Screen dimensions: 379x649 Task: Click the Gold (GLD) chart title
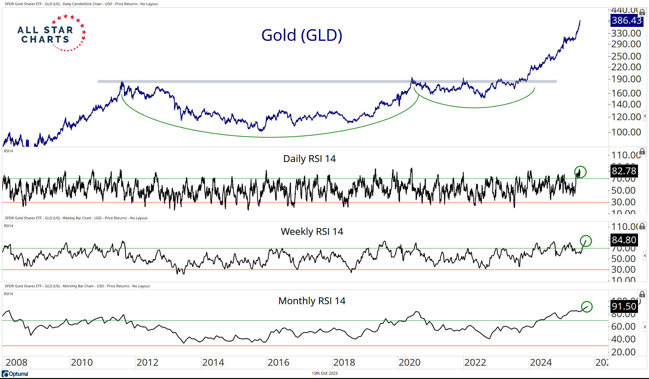(302, 35)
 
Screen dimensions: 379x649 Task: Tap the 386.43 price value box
(627, 20)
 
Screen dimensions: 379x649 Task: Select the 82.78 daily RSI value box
(624, 171)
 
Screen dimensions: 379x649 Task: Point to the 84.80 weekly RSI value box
(624, 240)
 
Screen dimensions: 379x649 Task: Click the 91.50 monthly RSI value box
(624, 306)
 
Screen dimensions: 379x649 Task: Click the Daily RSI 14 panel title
(309, 159)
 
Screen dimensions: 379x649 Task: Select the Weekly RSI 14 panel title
(312, 232)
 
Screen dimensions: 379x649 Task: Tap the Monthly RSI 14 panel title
(312, 301)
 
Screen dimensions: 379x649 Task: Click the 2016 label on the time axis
(278, 362)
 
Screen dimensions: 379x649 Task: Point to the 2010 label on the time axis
(82, 362)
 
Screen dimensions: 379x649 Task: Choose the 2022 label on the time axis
(475, 362)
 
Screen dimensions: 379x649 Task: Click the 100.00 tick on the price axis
(626, 132)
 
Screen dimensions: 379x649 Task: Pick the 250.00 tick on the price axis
(626, 56)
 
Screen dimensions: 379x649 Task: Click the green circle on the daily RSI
(580, 172)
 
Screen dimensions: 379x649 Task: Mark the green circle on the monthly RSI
(587, 306)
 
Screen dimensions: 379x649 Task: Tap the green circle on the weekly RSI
(586, 241)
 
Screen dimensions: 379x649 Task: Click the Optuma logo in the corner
(15, 374)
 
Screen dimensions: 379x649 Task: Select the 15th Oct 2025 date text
(324, 373)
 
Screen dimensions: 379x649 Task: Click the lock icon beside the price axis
(642, 12)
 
